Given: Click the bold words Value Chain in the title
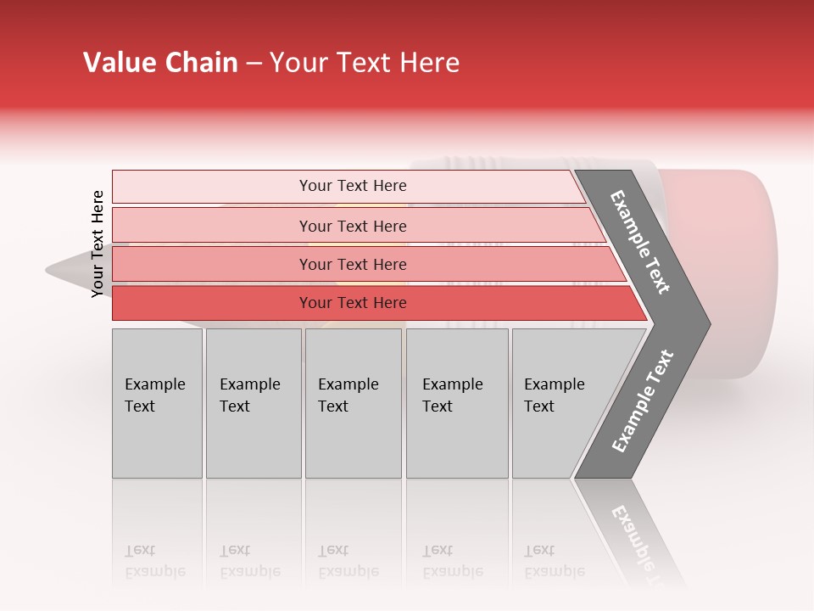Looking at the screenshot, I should [x=160, y=63].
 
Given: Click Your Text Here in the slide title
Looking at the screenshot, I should [x=365, y=63].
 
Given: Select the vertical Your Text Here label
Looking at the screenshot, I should [x=98, y=244].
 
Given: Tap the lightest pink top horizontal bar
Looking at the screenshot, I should [x=348, y=186].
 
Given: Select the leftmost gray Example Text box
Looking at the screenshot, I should [x=157, y=403].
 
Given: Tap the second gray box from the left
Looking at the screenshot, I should [x=253, y=403].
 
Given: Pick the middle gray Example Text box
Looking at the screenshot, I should [x=353, y=403].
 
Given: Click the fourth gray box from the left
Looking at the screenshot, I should [x=456, y=403].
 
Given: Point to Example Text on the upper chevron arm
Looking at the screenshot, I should [x=640, y=242].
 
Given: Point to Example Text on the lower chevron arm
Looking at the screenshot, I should [x=642, y=401].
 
